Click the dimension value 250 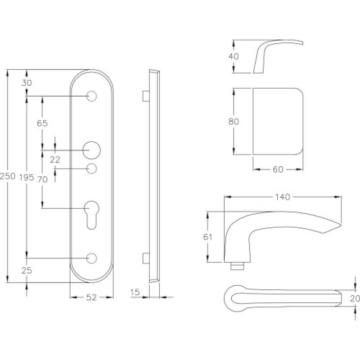click(x=8, y=176)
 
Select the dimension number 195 click(x=27, y=178)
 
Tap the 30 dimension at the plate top click(x=27, y=82)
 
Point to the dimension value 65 click(x=42, y=123)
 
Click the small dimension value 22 click(x=55, y=159)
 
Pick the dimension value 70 click(x=42, y=179)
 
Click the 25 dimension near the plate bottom click(x=27, y=270)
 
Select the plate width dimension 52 click(x=92, y=297)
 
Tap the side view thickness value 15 click(x=135, y=293)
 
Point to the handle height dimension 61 click(x=207, y=237)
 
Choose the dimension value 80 click(x=234, y=121)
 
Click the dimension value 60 click(x=277, y=169)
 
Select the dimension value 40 click(x=234, y=56)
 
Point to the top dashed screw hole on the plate click(x=92, y=97)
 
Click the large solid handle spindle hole click(x=92, y=149)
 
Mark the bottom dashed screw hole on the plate click(x=92, y=258)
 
